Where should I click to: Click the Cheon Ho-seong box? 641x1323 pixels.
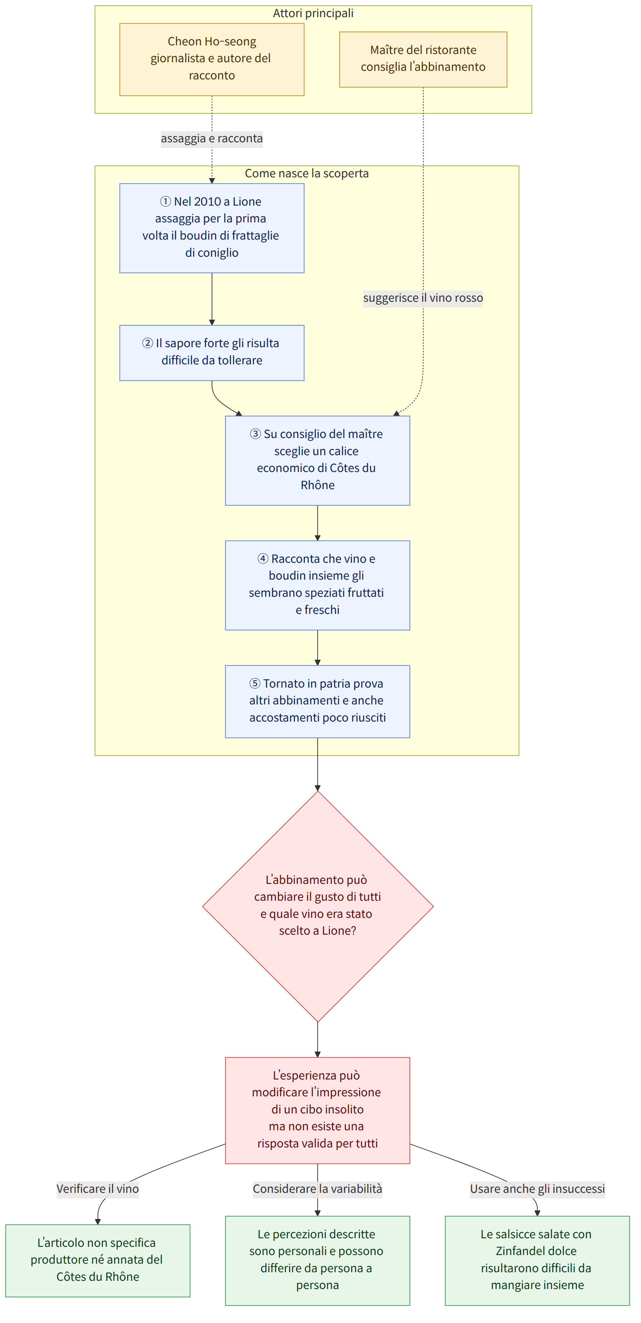click(212, 59)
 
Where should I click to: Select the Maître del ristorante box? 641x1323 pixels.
click(423, 59)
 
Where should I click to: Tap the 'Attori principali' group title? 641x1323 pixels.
click(313, 13)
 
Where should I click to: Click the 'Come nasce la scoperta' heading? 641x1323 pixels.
click(307, 173)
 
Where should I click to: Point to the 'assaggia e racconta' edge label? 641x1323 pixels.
click(212, 139)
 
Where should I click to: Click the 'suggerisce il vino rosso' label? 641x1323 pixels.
click(423, 298)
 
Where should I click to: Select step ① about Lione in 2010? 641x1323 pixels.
click(212, 228)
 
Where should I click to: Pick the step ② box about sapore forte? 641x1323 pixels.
click(212, 353)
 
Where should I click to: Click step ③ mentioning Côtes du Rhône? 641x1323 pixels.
click(317, 460)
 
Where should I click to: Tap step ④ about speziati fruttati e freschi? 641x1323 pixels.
click(317, 585)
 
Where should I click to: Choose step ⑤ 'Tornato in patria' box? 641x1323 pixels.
click(317, 702)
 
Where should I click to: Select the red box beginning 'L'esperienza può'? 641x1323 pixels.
click(317, 1110)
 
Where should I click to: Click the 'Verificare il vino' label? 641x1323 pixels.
click(98, 1189)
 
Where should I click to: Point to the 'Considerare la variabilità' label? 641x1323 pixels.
click(317, 1189)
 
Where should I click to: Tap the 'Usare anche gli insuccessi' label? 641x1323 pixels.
click(537, 1189)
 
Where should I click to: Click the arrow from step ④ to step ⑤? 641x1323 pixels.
click(317, 648)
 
